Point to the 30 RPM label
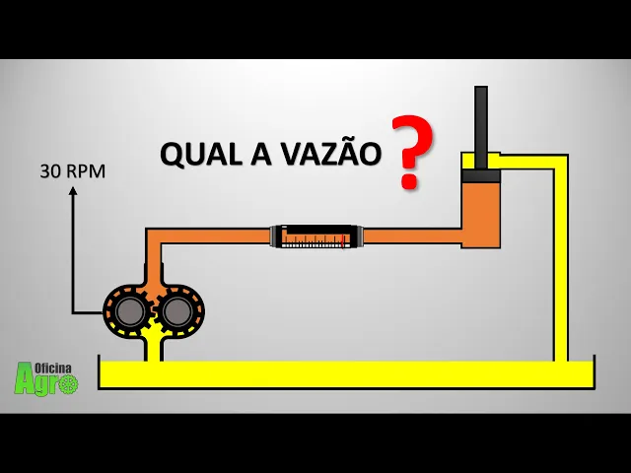coord(72,171)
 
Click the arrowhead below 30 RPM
coord(73,190)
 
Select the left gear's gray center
coord(129,312)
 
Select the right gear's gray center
coord(176,312)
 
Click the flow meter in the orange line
coord(318,236)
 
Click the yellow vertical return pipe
coord(560,266)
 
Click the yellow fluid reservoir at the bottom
coord(345,373)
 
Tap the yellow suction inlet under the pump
coord(153,345)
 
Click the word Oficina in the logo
coord(56,367)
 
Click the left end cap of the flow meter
coord(276,236)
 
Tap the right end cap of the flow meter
coord(360,236)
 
